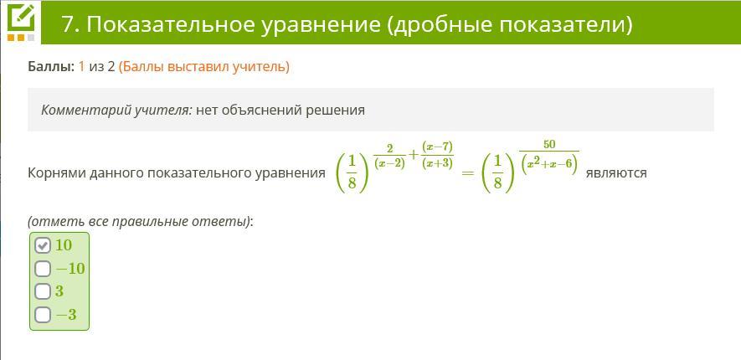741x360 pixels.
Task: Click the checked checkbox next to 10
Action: [x=43, y=245]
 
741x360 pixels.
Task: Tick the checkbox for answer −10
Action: [x=43, y=269]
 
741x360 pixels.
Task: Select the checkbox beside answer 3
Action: [x=43, y=291]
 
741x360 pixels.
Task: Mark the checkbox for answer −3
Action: [x=43, y=315]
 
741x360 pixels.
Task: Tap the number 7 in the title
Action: [x=68, y=24]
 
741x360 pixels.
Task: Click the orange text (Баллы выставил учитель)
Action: [x=203, y=68]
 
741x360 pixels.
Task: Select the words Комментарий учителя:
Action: [x=116, y=110]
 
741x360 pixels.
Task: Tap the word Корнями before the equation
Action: [x=54, y=173]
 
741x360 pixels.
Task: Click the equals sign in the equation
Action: [x=467, y=173]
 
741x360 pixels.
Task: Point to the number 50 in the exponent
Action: [x=549, y=145]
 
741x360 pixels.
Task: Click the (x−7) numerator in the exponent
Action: [x=437, y=147]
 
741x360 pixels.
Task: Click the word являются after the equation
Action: [x=616, y=173]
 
